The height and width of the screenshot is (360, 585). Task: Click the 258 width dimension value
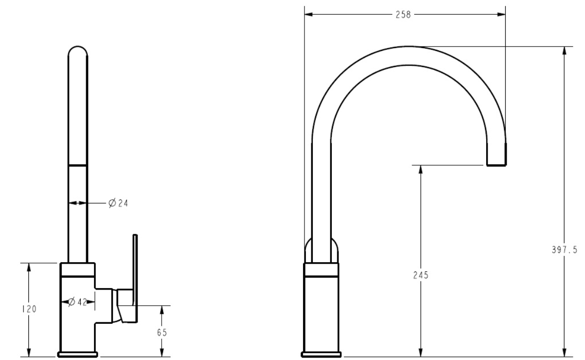pyautogui.click(x=403, y=15)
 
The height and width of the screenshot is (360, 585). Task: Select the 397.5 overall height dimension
pyautogui.click(x=564, y=249)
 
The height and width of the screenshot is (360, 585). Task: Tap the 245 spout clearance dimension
pyautogui.click(x=421, y=275)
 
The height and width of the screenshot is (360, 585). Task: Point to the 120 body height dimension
pyautogui.click(x=29, y=309)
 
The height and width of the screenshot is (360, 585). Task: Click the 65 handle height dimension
pyautogui.click(x=162, y=332)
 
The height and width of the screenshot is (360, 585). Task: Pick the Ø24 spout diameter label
pyautogui.click(x=118, y=203)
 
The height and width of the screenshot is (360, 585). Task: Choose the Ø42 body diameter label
pyautogui.click(x=78, y=302)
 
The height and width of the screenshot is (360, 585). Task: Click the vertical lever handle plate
pyautogui.click(x=135, y=278)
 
